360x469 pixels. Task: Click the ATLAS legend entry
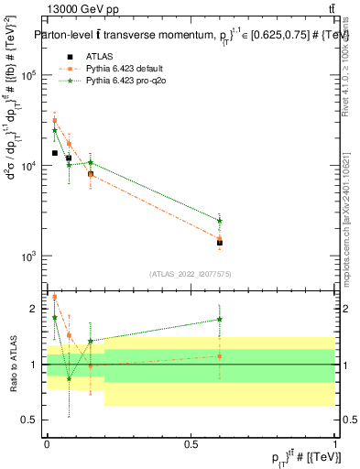tap(95, 56)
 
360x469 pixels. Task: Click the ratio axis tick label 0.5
tap(32, 420)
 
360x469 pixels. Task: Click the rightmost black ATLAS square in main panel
tap(220, 243)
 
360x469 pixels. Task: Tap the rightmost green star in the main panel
tap(220, 221)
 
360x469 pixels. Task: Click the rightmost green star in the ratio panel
tap(220, 319)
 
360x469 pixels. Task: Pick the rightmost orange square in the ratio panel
tap(220, 356)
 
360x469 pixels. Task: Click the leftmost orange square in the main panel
tap(54, 120)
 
